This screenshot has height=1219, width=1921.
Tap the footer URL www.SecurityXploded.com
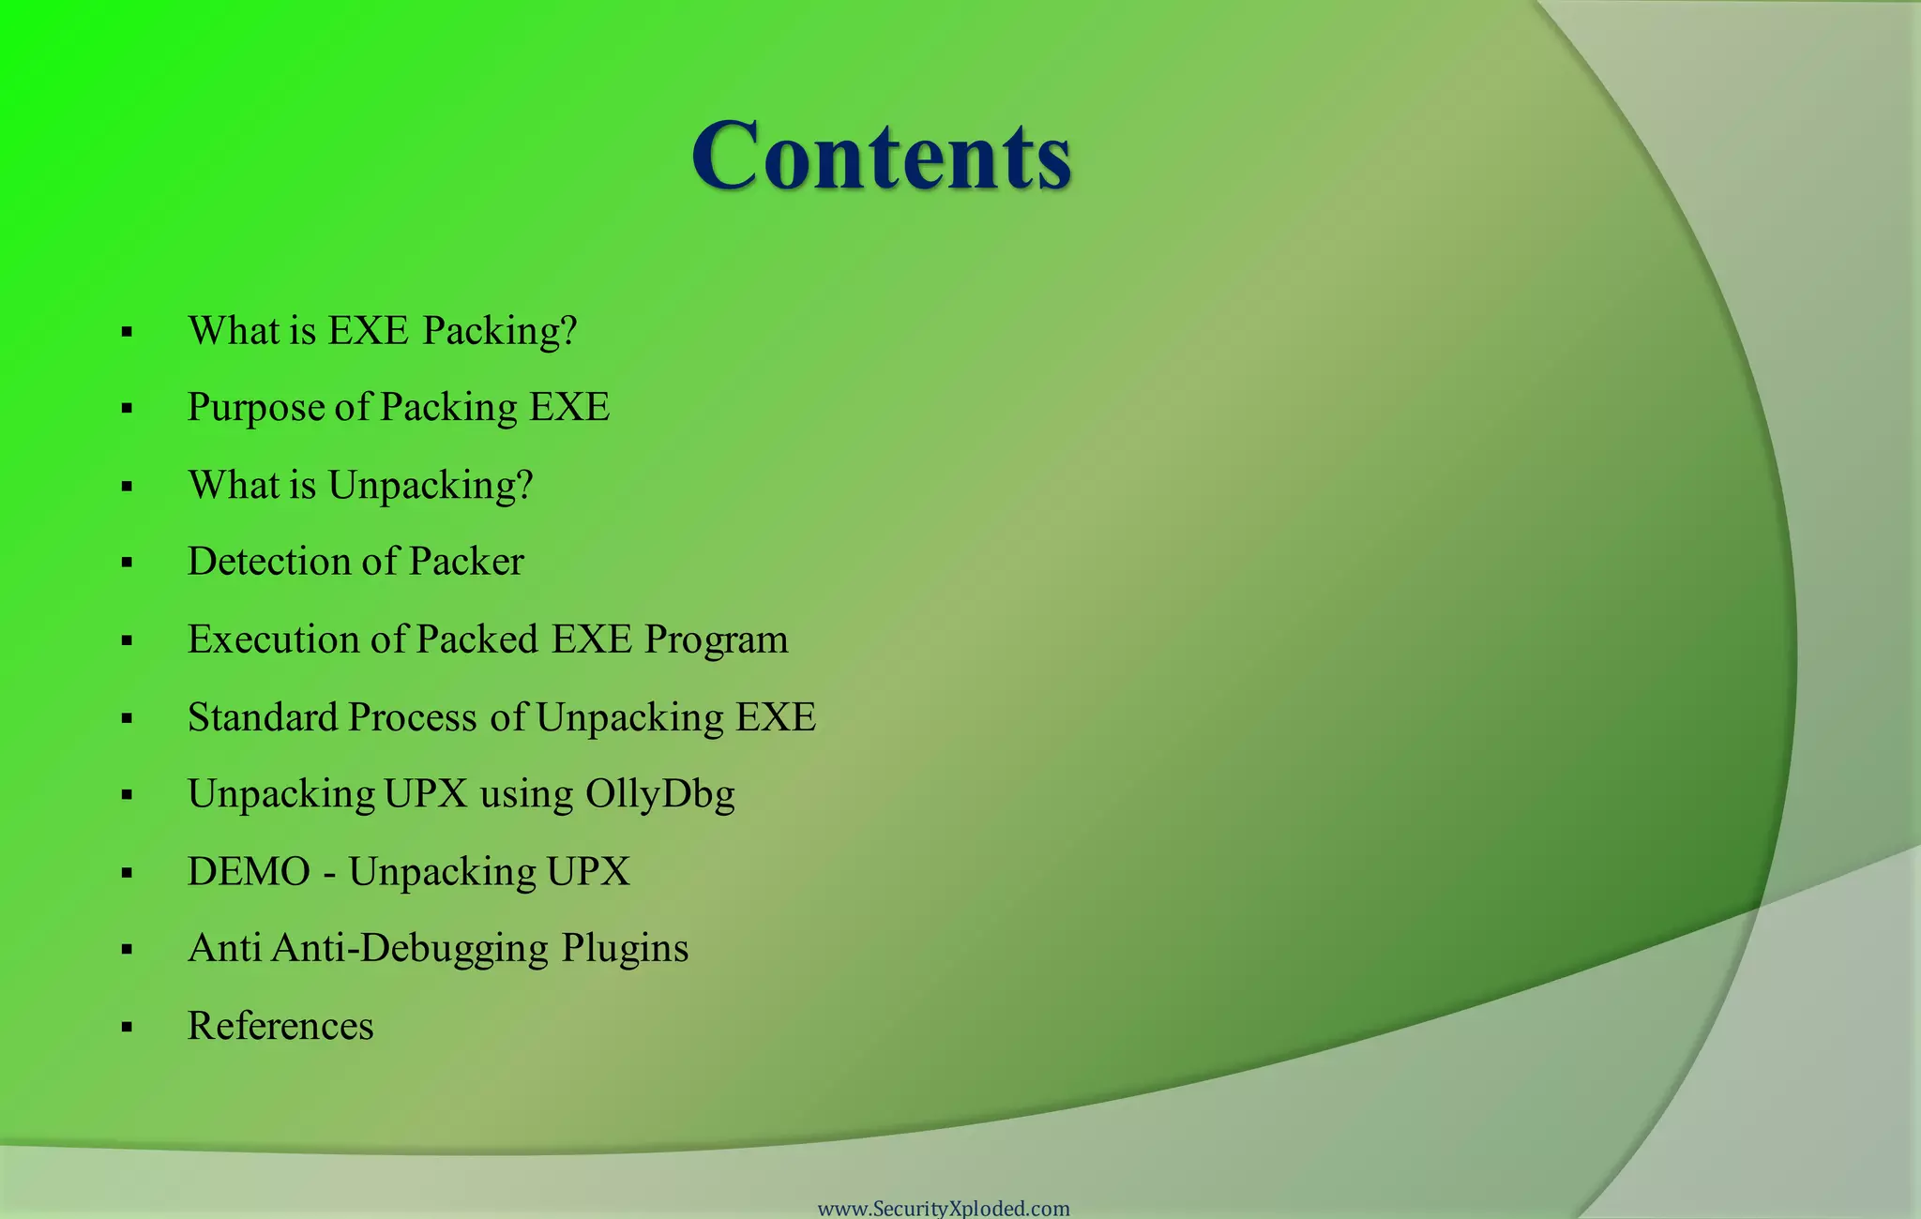coord(944,1208)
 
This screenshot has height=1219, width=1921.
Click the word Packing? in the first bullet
coord(500,331)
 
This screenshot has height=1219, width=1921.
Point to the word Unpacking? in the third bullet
coord(431,486)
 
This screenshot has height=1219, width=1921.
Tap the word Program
coord(717,640)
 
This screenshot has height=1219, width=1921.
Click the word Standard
coord(263,717)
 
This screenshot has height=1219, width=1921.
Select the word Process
coord(413,717)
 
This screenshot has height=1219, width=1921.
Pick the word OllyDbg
coord(660,795)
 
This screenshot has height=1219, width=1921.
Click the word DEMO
coord(249,872)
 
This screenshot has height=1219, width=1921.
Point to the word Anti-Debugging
coord(410,949)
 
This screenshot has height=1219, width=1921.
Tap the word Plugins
coord(626,949)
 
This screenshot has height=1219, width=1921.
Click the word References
coord(280,1026)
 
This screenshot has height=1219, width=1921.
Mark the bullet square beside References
coord(127,1027)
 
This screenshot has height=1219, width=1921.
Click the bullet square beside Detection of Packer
coord(127,563)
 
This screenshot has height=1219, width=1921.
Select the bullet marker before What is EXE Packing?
coord(127,332)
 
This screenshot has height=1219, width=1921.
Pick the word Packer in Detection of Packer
coord(466,562)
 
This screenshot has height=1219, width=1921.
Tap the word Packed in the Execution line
coord(476,640)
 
